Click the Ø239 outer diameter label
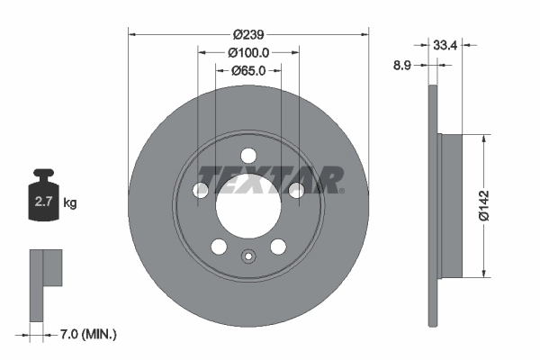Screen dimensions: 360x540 coord(248,34)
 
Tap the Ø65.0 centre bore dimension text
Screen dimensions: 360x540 coord(248,70)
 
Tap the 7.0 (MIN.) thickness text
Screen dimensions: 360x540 coord(85,334)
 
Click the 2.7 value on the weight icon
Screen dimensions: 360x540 coord(43,203)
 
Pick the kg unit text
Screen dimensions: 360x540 coord(70,203)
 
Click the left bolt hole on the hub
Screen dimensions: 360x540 coord(201,189)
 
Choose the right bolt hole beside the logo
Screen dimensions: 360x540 coord(296,188)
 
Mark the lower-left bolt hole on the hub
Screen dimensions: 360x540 coord(219,247)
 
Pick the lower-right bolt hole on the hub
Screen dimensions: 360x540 coord(278,247)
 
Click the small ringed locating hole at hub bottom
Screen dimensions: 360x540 coord(248,255)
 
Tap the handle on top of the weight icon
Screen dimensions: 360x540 coord(43,175)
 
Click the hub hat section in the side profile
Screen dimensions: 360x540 coord(450,206)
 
